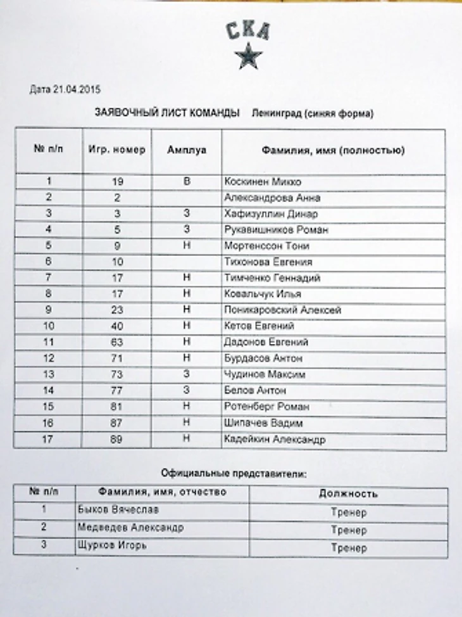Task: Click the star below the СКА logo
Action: (247, 55)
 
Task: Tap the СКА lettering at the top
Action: (248, 30)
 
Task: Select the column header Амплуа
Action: (187, 150)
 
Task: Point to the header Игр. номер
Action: (117, 150)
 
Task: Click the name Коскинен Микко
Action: (263, 182)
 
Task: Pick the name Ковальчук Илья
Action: (263, 294)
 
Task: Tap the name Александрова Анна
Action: (272, 198)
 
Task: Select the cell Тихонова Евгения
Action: (268, 262)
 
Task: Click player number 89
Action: (116, 439)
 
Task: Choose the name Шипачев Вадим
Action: (263, 423)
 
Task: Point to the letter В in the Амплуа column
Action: (187, 182)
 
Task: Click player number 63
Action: (116, 342)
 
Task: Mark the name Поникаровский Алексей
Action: (283, 310)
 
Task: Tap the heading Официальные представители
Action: (234, 473)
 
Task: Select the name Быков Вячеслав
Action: (118, 509)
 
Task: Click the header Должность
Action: (348, 493)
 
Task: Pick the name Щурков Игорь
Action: (112, 544)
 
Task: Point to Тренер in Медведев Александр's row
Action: (349, 530)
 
